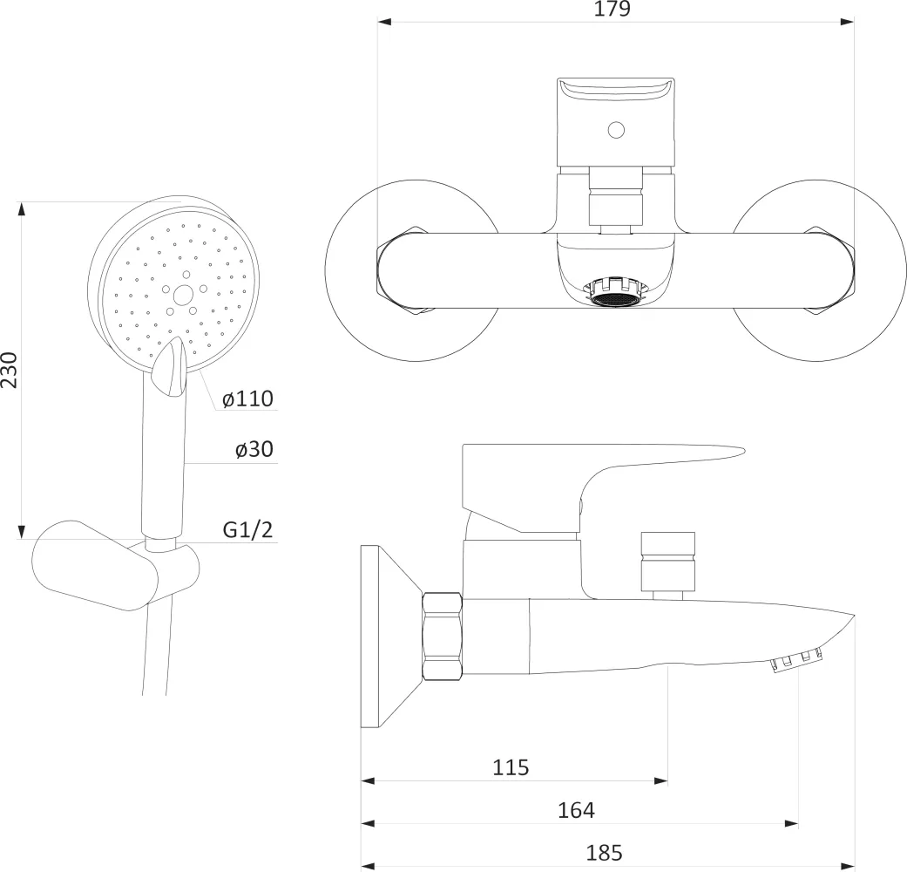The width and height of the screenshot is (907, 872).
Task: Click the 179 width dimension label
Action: click(x=612, y=9)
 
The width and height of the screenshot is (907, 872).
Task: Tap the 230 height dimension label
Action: click(x=10, y=370)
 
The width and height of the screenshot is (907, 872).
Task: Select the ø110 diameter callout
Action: click(x=247, y=399)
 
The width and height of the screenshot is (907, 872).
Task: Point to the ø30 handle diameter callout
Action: click(x=254, y=449)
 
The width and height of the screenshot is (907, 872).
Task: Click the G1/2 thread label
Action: click(x=247, y=529)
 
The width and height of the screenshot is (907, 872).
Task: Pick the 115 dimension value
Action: click(x=511, y=767)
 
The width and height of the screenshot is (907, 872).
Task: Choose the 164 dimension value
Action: click(x=576, y=810)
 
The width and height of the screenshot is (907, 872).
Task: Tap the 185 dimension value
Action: click(x=604, y=853)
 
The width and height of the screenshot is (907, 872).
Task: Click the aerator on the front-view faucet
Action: click(x=616, y=290)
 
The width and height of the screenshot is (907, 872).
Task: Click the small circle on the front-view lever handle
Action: click(x=617, y=130)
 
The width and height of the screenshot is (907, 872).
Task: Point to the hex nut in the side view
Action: click(x=443, y=635)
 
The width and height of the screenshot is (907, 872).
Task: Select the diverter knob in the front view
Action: click(x=616, y=201)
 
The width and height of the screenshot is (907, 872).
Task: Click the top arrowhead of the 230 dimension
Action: click(x=22, y=209)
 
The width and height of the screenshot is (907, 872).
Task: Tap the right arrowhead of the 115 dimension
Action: click(x=660, y=781)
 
